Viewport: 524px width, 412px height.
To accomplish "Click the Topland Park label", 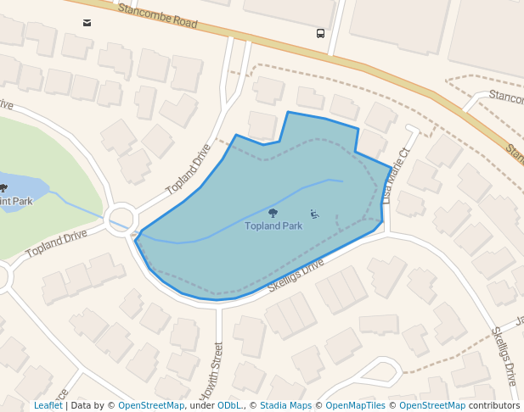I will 273,226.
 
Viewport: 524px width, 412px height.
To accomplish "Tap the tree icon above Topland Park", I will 273,214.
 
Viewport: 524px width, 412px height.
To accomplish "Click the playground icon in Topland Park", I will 314,214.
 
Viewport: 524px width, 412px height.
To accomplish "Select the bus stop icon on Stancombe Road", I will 320,34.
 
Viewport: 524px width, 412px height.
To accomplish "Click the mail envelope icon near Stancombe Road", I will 87,23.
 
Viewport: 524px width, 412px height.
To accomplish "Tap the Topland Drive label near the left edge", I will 56,244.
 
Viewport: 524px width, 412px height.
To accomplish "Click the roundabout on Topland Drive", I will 121,217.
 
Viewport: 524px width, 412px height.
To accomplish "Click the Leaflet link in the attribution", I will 48,406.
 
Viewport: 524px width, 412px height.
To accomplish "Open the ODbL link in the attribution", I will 229,406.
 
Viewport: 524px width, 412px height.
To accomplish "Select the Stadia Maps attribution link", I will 285,406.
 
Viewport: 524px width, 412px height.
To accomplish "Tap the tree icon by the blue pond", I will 3,188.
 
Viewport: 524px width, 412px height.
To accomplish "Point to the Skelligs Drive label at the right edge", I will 505,356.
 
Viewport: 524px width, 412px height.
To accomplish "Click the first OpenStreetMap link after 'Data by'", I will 151,406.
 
